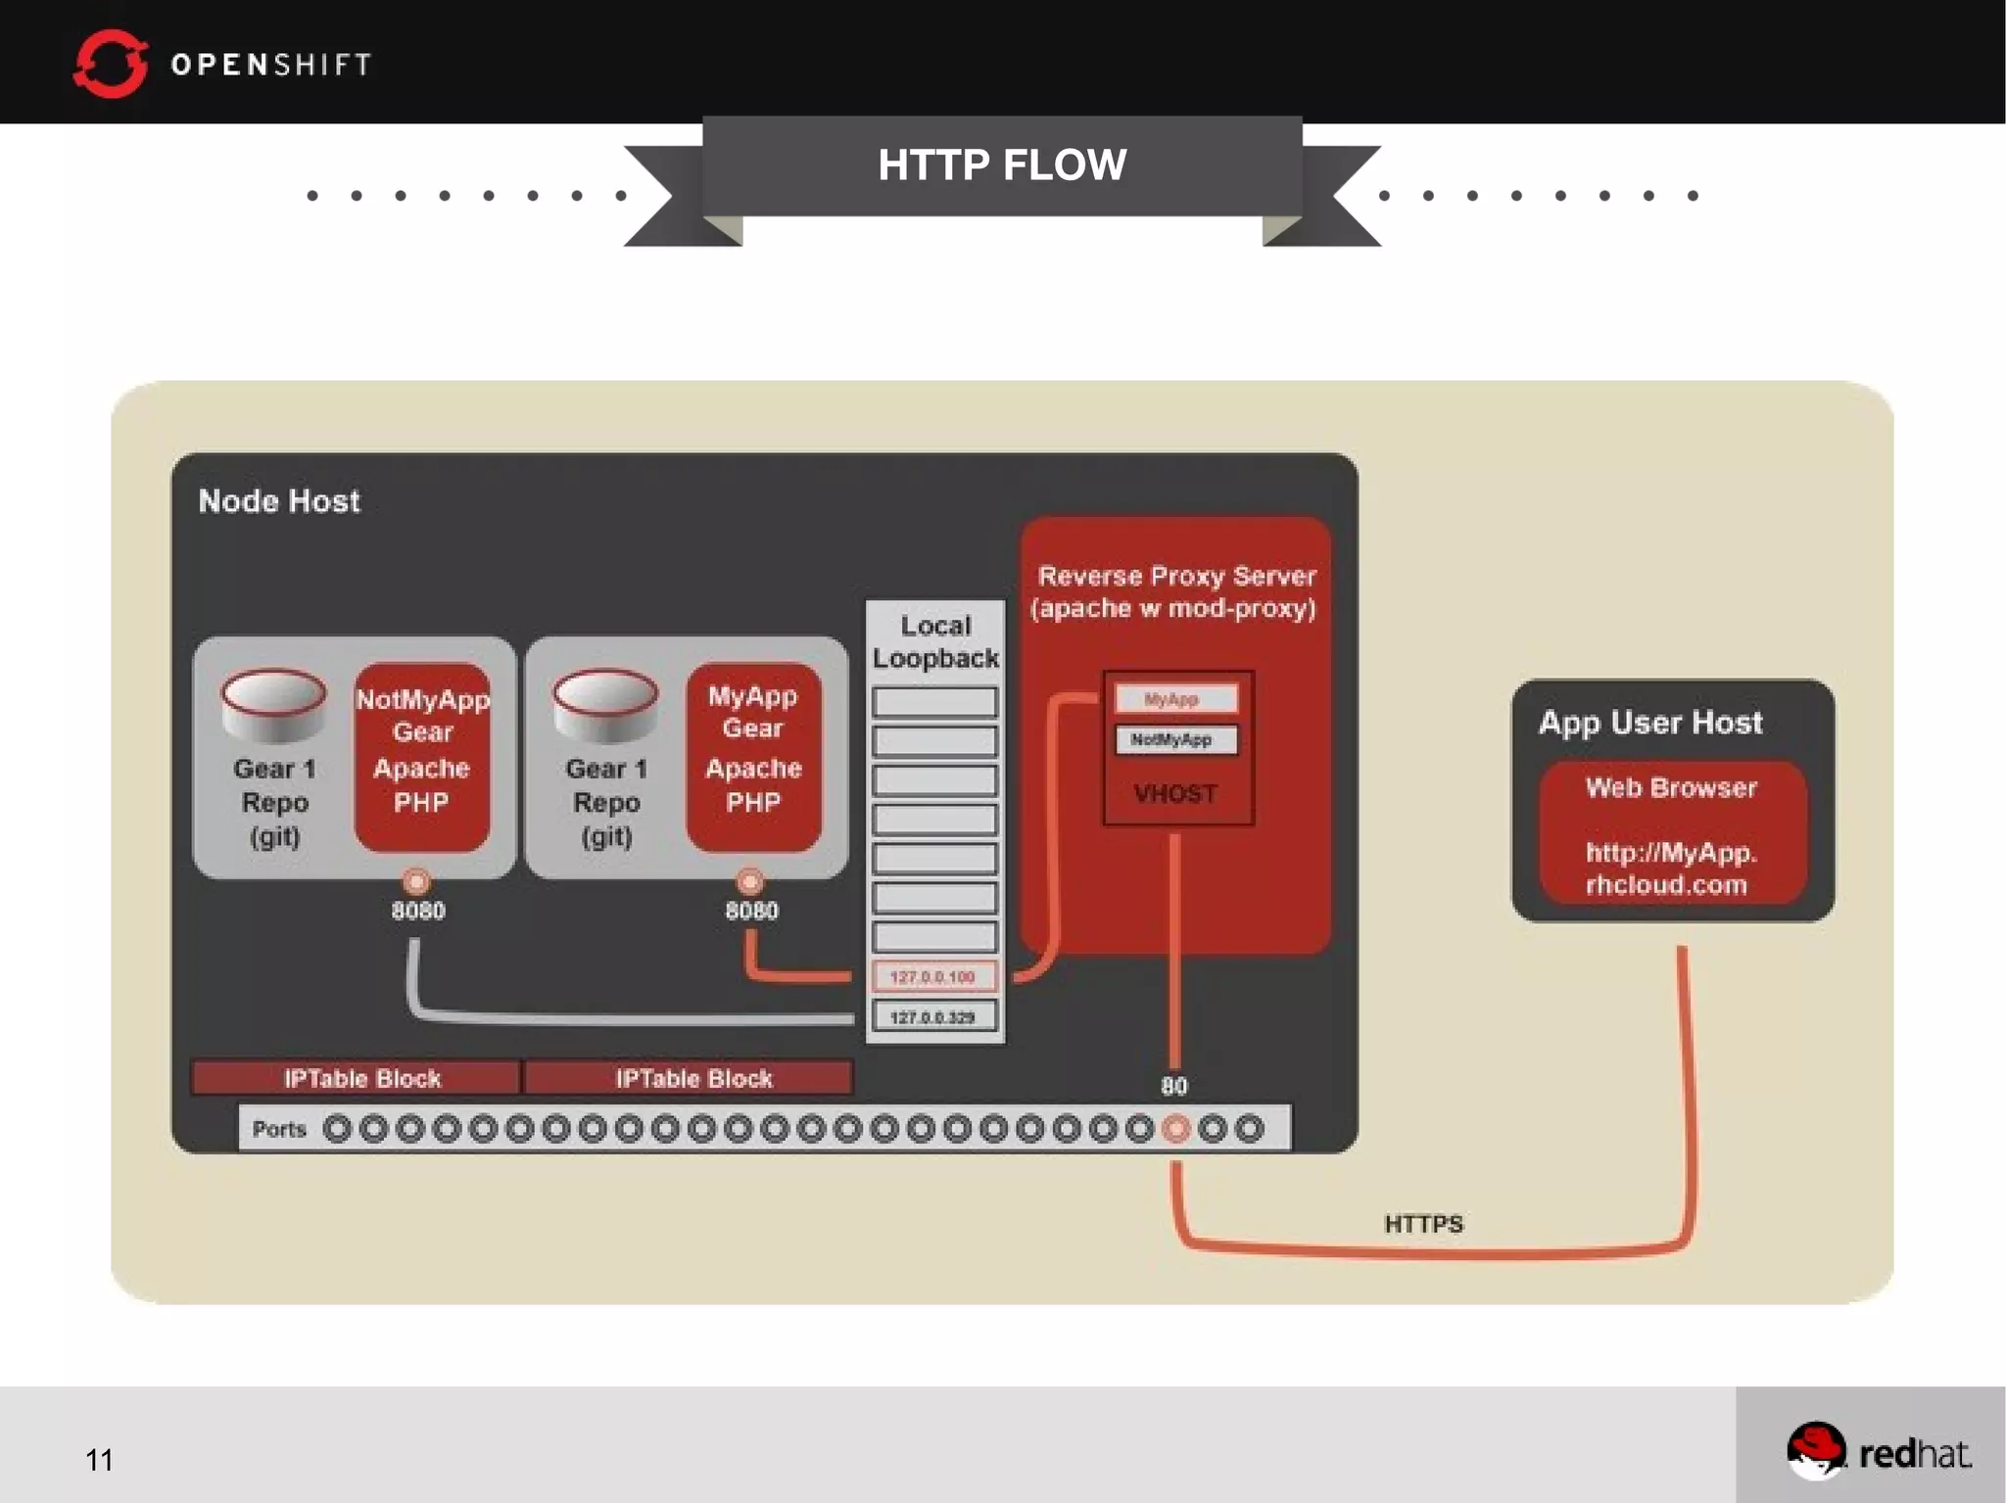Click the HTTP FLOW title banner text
point(1001,164)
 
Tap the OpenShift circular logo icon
point(110,65)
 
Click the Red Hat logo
point(1879,1451)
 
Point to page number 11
point(99,1460)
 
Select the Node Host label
point(279,501)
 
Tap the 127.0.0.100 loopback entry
point(934,976)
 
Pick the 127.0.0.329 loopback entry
point(934,1017)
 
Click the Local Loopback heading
point(935,641)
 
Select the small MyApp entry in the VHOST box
point(1175,699)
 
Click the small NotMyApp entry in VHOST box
point(1175,739)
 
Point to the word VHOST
point(1175,793)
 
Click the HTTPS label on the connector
point(1423,1224)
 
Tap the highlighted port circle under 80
point(1175,1129)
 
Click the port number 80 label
point(1173,1086)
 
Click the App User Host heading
point(1650,723)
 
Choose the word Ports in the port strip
point(279,1129)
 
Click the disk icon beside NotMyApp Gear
point(273,704)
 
